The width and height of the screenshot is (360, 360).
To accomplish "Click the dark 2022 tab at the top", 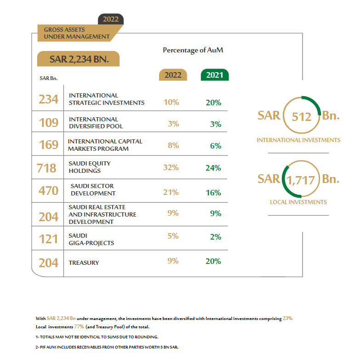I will (x=111, y=19).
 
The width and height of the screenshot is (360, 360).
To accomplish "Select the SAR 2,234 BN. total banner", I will (x=79, y=59).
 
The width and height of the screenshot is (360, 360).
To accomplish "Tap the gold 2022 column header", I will (x=173, y=75).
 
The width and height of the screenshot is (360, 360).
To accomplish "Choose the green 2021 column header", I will (x=215, y=75).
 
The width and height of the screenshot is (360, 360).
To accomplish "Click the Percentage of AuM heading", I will (x=193, y=50).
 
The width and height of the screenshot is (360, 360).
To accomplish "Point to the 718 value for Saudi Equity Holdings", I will (x=46, y=167).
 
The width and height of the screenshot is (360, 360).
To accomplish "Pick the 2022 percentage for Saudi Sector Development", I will (x=171, y=192).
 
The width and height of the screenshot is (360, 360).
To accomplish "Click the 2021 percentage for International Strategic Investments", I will (x=213, y=103).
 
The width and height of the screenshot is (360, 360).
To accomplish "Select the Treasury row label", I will (x=84, y=263).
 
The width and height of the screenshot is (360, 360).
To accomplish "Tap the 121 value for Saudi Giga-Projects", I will (x=48, y=239).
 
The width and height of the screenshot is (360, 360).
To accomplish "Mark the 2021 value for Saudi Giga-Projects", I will (x=213, y=237).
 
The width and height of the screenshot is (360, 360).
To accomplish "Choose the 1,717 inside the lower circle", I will (x=302, y=179).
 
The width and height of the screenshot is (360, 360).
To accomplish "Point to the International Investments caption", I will (x=298, y=140).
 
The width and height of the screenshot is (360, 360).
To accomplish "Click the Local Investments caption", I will (x=298, y=202).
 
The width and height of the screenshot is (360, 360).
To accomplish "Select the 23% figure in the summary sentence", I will (x=287, y=318).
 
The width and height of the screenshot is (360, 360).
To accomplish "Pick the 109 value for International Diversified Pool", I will (x=48, y=122).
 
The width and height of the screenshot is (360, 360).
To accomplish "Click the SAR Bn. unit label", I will (x=48, y=78).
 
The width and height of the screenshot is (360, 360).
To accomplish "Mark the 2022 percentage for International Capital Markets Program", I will (x=171, y=146).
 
